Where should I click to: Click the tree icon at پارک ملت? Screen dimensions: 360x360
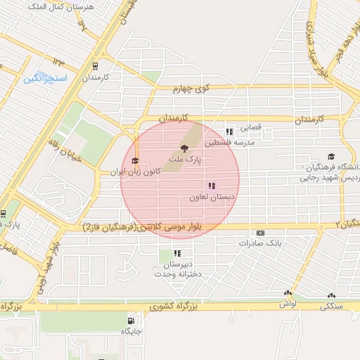pyautogui.click(x=184, y=148)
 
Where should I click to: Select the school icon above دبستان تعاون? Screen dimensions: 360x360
pyautogui.click(x=211, y=186)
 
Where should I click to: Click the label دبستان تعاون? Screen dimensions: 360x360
pyautogui.click(x=210, y=198)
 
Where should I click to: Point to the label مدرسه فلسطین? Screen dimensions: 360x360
pyautogui.click(x=229, y=143)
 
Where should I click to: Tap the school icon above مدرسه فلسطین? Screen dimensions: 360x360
pyautogui.click(x=229, y=131)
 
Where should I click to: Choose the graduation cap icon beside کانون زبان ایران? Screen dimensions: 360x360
pyautogui.click(x=134, y=161)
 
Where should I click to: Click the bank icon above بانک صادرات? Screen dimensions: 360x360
pyautogui.click(x=260, y=233)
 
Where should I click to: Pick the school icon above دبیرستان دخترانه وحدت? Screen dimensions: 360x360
pyautogui.click(x=178, y=253)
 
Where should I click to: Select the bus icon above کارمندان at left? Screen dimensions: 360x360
pyautogui.click(x=95, y=66)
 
